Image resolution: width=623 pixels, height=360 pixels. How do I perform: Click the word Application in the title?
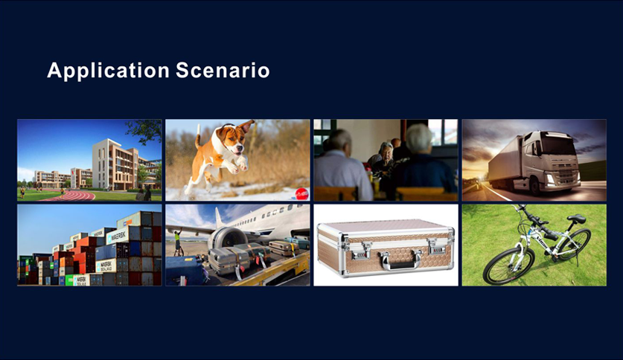point(109,71)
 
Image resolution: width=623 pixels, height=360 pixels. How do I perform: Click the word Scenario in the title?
point(223,70)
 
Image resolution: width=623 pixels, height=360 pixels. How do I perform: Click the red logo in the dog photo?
point(301,193)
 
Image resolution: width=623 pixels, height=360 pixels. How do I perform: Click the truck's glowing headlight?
point(550,179)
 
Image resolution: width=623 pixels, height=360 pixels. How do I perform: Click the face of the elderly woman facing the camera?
point(386,152)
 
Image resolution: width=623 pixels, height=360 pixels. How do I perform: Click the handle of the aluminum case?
point(400,261)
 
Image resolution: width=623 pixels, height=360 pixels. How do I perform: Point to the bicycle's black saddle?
point(576,218)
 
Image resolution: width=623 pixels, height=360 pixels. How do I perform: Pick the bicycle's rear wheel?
point(573,244)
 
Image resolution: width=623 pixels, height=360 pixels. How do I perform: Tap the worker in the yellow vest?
point(177,240)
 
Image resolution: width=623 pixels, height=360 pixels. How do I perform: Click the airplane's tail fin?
point(219,217)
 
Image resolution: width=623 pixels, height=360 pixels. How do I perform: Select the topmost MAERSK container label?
point(118,236)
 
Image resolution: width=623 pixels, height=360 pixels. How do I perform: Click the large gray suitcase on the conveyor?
point(228,261)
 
